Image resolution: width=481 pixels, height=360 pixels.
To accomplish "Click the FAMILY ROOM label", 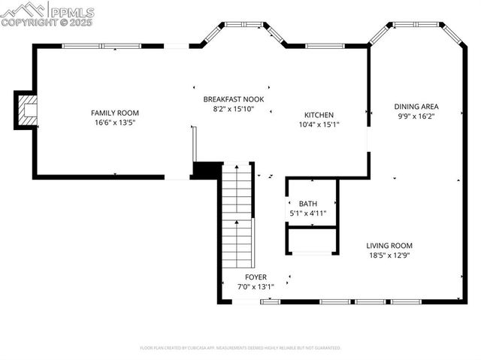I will coord(114,112).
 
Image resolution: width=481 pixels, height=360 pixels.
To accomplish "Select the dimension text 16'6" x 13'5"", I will coord(114,123).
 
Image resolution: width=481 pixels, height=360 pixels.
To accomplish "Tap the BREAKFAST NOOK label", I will coord(234,99).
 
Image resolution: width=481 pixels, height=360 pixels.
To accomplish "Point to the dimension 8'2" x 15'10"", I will coord(234,110).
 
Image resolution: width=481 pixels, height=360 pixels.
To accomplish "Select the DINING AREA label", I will coord(416,106).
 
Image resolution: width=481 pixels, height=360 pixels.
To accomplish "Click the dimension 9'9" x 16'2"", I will coord(416,116).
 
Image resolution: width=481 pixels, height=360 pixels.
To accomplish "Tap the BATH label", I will coord(308,204).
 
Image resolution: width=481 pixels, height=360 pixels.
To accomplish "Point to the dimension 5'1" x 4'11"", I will coord(308,214).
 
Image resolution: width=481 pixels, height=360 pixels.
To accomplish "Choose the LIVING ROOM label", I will coord(389,246).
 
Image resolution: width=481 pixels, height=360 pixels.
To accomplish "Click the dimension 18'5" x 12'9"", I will coord(389,256).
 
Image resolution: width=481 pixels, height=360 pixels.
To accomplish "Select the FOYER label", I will coord(256,277).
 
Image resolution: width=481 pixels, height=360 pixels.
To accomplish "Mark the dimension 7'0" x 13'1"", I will coord(256,287).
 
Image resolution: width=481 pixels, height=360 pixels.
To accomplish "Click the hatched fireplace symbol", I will coord(27,111).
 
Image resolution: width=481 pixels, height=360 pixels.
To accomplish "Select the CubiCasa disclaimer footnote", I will coord(240,348).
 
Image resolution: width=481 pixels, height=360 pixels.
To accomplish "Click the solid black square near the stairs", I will coord(205,170).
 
